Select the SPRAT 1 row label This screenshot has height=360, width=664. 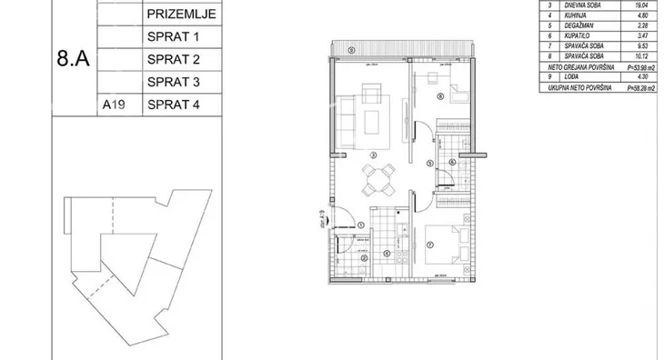pos(172,38)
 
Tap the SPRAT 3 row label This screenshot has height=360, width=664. pos(172,82)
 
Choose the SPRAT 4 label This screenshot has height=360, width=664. pos(172,105)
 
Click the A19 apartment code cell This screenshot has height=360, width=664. pos(113,105)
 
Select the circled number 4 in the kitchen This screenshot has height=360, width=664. pos(386,254)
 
